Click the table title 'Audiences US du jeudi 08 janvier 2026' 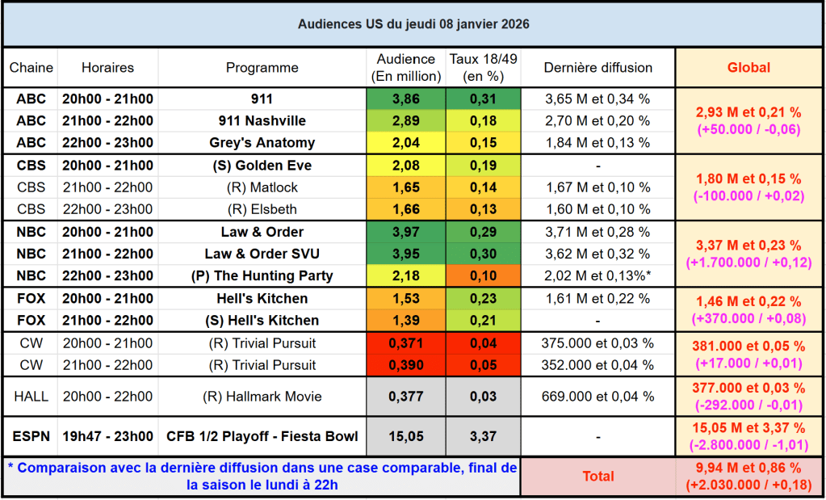click(413, 24)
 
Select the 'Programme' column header click(262, 68)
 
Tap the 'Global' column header click(748, 68)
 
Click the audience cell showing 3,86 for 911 click(405, 99)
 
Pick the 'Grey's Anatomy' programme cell click(262, 143)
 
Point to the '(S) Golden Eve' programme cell click(262, 166)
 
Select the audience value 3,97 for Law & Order click(405, 232)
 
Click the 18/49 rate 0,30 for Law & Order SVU click(483, 254)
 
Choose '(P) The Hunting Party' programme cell click(262, 275)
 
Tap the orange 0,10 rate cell click(483, 275)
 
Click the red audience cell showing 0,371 click(405, 343)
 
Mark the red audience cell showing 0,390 click(405, 365)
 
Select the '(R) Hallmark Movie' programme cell click(262, 396)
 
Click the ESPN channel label click(31, 436)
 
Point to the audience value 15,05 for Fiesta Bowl click(405, 436)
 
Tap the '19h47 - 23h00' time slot click(107, 436)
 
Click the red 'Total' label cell click(597, 477)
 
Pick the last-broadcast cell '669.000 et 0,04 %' click(597, 396)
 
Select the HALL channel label click(31, 396)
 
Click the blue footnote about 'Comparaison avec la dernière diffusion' click(262, 477)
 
